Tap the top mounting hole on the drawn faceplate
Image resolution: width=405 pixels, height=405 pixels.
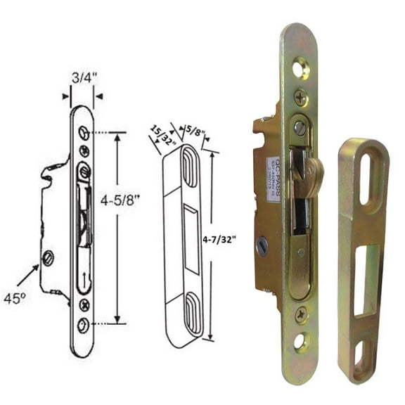[84, 133]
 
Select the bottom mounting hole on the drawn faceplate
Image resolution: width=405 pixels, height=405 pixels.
[84, 323]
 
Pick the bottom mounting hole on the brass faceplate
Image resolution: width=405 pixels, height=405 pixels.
[300, 343]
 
